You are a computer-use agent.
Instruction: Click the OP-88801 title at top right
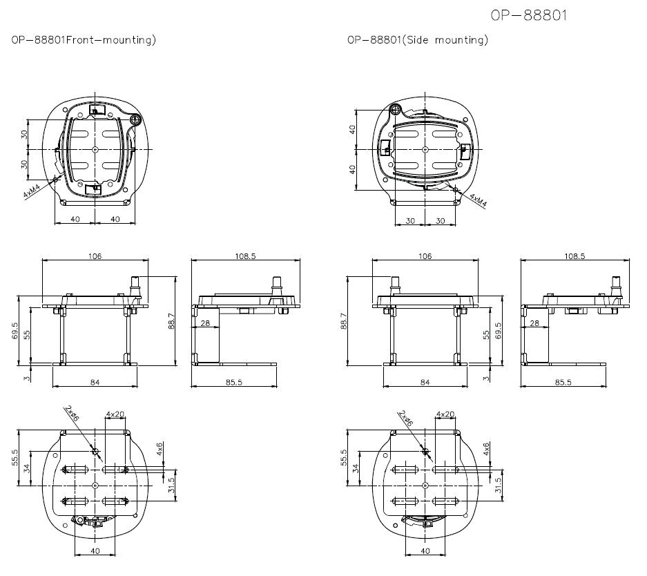[528, 15]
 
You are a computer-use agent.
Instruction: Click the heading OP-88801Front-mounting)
[84, 40]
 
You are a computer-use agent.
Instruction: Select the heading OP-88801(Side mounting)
[418, 40]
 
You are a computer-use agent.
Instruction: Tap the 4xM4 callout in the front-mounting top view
[32, 191]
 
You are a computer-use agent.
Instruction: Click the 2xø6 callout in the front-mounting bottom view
[73, 414]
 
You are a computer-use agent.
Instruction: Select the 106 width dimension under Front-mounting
[95, 256]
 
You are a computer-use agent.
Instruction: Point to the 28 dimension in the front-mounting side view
[204, 323]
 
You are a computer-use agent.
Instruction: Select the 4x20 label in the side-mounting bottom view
[445, 414]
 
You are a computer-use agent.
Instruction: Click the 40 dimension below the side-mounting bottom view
[425, 550]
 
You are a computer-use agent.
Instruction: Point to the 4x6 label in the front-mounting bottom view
[161, 450]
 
